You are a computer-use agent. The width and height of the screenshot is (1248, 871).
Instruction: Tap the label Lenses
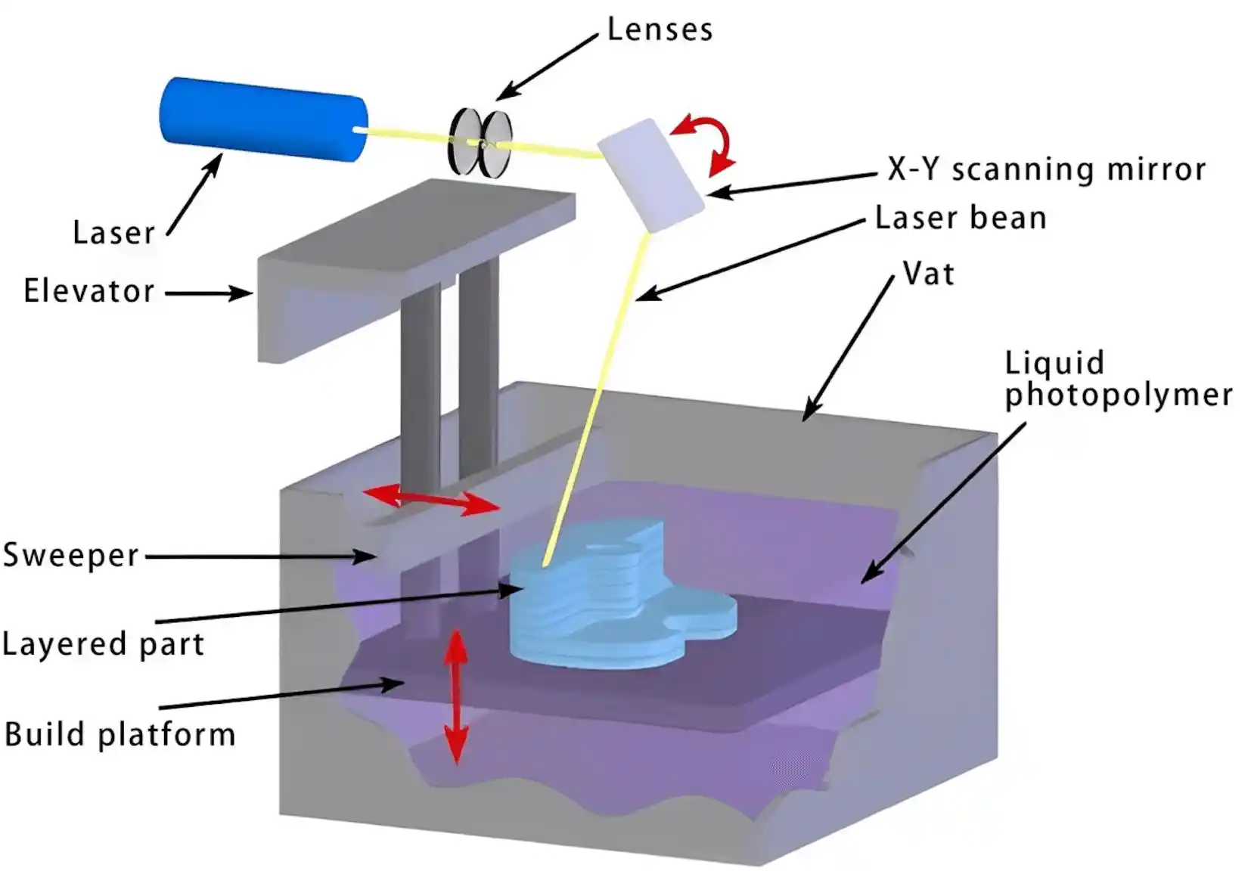(660, 30)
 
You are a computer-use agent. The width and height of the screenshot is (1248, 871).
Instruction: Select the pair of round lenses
(480, 142)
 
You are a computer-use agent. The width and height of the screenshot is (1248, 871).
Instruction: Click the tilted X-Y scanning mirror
(651, 175)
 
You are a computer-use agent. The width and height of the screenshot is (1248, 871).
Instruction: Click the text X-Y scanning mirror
(1046, 169)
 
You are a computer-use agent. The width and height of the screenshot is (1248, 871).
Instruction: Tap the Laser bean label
(961, 218)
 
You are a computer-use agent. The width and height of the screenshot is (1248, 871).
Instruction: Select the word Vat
(929, 274)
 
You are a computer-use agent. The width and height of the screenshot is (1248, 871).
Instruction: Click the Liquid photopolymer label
(1117, 380)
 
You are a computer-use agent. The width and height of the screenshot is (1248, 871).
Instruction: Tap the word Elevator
(89, 291)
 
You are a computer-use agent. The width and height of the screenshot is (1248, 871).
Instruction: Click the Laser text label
(113, 232)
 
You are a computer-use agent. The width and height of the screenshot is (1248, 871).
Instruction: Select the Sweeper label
(71, 555)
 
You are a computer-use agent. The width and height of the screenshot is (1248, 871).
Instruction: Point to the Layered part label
(103, 644)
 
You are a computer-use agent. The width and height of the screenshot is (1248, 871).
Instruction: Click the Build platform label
(120, 735)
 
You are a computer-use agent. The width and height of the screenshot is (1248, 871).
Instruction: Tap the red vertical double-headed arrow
(455, 696)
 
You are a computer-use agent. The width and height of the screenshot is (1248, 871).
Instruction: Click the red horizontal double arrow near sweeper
(431, 500)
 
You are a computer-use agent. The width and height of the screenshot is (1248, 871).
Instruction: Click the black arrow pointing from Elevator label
(208, 293)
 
